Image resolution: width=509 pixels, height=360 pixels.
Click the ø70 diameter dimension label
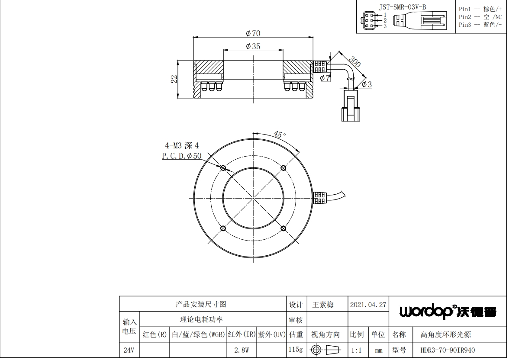click(x=253, y=33)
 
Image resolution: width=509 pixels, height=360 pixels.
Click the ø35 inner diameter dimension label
click(x=253, y=46)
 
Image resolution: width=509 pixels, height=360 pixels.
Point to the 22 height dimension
click(x=174, y=79)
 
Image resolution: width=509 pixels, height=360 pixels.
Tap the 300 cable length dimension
click(x=355, y=61)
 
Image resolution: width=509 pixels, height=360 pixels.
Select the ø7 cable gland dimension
click(x=325, y=78)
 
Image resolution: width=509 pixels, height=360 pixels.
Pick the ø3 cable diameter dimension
click(x=367, y=85)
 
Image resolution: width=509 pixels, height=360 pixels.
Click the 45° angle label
click(x=279, y=134)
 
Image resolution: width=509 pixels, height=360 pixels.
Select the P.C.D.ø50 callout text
click(x=182, y=156)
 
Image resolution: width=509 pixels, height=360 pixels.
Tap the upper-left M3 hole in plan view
click(x=223, y=168)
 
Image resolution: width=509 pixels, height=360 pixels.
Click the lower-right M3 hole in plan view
click(x=283, y=228)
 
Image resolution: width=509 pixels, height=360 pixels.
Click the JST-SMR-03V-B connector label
click(x=403, y=7)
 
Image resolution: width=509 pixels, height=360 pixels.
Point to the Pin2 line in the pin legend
click(x=480, y=17)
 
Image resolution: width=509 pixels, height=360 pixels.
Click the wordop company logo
click(x=448, y=312)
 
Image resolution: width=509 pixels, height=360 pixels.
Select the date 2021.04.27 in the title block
click(x=368, y=305)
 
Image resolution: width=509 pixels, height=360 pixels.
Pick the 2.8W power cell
click(x=242, y=350)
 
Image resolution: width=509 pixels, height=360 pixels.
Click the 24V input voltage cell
click(x=129, y=350)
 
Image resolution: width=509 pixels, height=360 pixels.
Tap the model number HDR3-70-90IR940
click(x=448, y=350)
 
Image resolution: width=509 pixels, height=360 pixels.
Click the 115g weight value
click(x=296, y=350)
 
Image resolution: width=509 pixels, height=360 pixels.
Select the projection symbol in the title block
click(x=325, y=350)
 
